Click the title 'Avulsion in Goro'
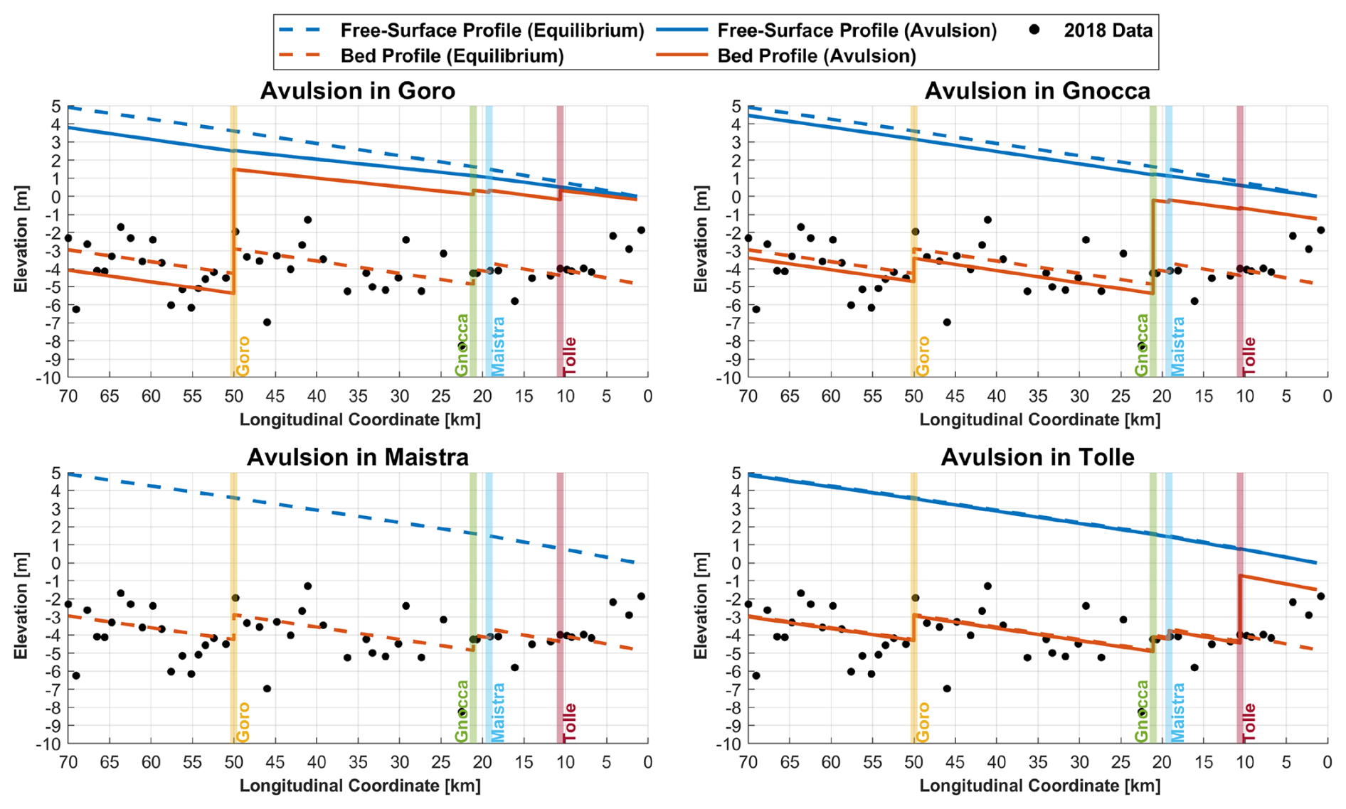point(357,91)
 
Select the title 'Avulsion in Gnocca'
point(1037,91)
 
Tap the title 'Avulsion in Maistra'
point(357,457)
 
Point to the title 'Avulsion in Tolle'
point(1037,457)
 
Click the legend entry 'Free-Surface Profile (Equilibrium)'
point(492,31)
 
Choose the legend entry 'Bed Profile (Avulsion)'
point(817,56)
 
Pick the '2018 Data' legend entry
point(1108,31)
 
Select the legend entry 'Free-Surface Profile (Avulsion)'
point(857,31)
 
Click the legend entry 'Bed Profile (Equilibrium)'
point(452,56)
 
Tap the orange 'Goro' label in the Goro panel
point(243,356)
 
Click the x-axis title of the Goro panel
point(360,419)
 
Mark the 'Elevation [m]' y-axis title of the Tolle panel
point(701,605)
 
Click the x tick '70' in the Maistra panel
point(68,762)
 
